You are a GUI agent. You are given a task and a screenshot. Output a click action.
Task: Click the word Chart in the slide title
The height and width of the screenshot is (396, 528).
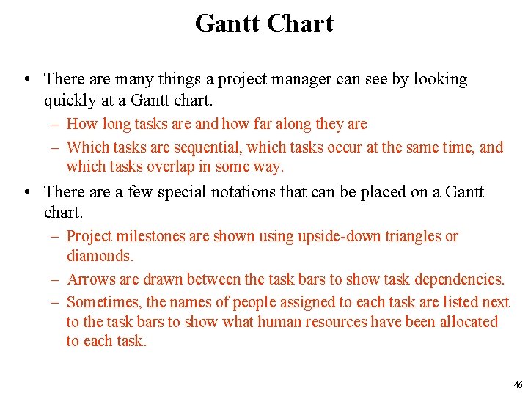[x=300, y=23]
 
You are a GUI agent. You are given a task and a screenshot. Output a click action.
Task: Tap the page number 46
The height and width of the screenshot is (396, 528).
[x=518, y=384]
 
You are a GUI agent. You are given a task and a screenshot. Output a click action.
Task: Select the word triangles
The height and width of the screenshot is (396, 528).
[x=415, y=236]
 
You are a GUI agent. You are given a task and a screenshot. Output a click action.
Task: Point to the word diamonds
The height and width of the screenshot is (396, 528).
[x=100, y=256]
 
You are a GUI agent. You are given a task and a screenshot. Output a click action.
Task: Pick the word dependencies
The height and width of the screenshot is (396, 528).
[x=459, y=279]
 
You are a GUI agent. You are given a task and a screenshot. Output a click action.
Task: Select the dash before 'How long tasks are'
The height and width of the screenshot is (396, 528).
[x=55, y=125]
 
